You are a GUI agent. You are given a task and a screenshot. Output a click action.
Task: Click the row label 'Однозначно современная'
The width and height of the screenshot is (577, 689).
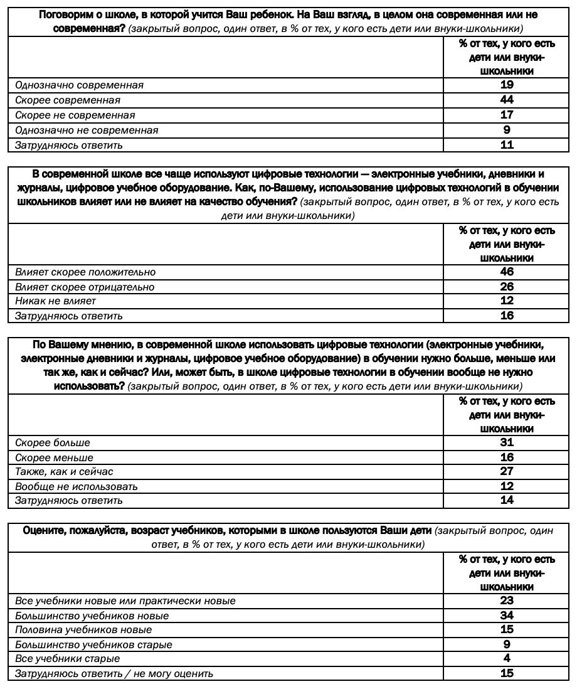tap(79, 85)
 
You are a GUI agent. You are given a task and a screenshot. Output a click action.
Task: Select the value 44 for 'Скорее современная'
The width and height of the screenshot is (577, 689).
tap(507, 100)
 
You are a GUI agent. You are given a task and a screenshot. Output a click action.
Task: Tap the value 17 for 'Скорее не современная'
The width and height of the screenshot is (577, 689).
tap(507, 115)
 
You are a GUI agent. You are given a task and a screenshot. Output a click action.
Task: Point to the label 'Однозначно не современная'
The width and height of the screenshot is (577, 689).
tap(87, 131)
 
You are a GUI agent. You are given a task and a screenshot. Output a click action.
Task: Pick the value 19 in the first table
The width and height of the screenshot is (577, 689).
tap(507, 85)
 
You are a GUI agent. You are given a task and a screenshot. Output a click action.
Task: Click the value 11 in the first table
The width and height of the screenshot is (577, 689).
tap(507, 145)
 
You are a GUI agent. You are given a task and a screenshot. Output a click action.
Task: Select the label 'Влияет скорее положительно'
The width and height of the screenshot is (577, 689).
tap(85, 272)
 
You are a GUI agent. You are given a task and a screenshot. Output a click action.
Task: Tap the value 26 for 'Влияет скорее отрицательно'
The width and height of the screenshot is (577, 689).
tap(507, 287)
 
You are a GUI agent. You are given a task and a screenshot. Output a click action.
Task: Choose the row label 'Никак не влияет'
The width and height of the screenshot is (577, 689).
tap(55, 301)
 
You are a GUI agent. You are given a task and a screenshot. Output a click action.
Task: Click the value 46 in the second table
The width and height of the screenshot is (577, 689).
tap(507, 272)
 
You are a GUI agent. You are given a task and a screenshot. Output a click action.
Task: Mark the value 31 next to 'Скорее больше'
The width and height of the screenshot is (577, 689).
tap(507, 442)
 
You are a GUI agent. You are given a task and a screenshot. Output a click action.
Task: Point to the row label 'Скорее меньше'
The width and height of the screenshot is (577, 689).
tap(54, 458)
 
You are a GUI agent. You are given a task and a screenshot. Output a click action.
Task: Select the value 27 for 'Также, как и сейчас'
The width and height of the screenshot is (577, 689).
tap(507, 471)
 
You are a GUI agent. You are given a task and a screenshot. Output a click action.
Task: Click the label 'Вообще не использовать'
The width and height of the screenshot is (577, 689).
tap(77, 486)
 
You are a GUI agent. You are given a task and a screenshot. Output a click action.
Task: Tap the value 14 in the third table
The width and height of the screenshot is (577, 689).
tap(507, 500)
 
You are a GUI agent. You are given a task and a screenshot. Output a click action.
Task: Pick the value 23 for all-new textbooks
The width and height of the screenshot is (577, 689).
tap(507, 601)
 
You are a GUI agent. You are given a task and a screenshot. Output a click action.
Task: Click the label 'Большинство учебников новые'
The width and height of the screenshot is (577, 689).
tap(92, 616)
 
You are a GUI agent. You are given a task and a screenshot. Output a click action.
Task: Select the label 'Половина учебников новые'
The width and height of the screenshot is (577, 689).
tap(83, 630)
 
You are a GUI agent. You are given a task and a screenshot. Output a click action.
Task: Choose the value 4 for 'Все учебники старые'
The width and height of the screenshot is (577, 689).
tap(507, 658)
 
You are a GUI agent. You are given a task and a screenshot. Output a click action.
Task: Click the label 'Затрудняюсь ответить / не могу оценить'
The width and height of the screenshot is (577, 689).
tap(114, 674)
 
